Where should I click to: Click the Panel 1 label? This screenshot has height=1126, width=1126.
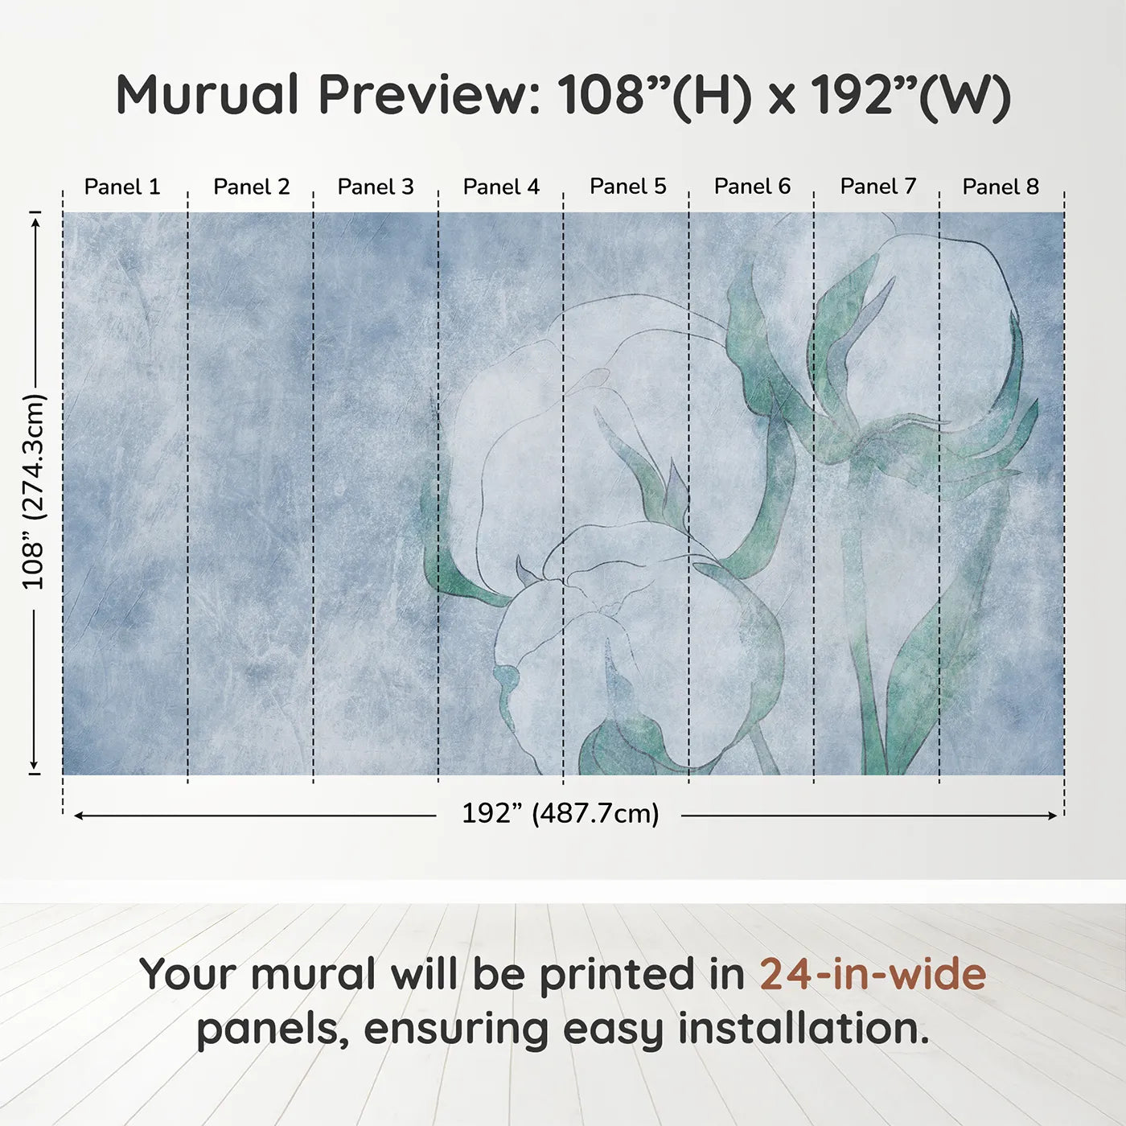[122, 187]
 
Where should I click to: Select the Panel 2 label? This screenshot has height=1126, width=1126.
[251, 187]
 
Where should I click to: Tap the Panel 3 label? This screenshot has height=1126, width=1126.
[376, 187]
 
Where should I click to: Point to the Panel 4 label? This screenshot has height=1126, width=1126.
[501, 187]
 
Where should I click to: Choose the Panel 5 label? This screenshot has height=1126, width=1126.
[628, 186]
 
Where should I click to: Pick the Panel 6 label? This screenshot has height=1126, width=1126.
[753, 186]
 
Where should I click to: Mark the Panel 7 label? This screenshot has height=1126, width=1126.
[878, 186]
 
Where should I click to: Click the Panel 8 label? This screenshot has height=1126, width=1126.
[1001, 187]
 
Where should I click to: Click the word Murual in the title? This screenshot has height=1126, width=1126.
[208, 95]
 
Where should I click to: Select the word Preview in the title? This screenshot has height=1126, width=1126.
[429, 95]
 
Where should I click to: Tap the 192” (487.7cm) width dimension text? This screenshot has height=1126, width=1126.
[560, 814]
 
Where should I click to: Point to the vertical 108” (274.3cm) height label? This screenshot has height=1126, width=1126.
[35, 492]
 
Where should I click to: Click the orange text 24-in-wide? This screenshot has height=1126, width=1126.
[873, 974]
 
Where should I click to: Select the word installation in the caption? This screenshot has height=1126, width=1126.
[803, 1029]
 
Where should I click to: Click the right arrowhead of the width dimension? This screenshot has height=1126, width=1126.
[1053, 816]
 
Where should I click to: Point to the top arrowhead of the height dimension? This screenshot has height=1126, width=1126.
[35, 220]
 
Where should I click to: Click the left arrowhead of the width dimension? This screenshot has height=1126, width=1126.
[79, 816]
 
